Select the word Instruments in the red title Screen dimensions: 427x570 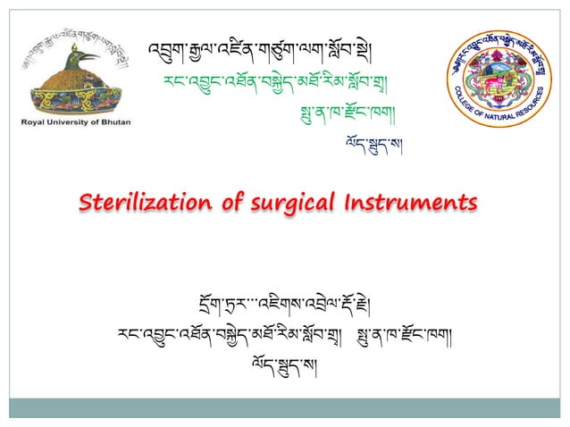click(406, 203)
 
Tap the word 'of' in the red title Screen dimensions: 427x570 click(231, 203)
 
